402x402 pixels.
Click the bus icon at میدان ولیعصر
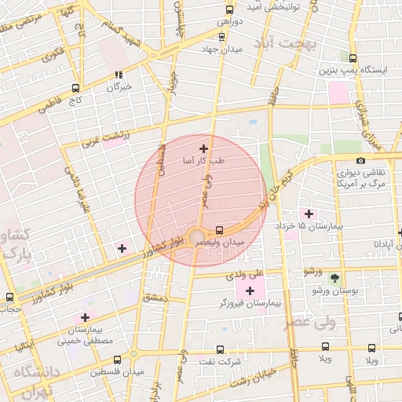[219, 230]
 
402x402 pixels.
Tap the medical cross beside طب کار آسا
[204, 148]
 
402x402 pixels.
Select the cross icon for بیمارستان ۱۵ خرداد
[308, 213]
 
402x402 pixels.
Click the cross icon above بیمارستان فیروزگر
[250, 291]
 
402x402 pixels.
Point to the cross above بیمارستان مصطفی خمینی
[85, 317]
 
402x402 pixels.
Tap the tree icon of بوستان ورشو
[334, 278]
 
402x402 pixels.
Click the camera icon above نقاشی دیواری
[360, 160]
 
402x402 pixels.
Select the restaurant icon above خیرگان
[119, 75]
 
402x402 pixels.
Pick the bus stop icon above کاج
[75, 88]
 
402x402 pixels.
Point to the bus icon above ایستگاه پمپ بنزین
[353, 58]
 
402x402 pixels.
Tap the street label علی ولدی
[241, 276]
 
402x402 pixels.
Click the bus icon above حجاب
[9, 298]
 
